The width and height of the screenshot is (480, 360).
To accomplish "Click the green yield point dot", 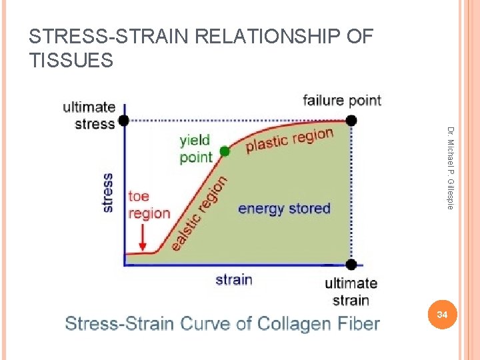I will click(225, 151).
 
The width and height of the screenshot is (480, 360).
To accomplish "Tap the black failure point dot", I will click(351, 121).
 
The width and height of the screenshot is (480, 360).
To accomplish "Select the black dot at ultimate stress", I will click(124, 121).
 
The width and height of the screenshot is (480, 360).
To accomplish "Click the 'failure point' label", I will click(342, 101).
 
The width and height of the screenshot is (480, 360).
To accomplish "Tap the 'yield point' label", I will click(195, 148).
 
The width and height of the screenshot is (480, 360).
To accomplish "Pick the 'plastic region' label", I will click(289, 140).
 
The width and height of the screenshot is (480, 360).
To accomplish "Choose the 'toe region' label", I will click(149, 204).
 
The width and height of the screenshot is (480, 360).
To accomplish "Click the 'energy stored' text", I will click(284, 209).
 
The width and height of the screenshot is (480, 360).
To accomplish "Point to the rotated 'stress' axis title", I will click(107, 193).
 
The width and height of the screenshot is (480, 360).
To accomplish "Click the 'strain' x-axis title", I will click(233, 279).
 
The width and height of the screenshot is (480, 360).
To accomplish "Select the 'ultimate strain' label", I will click(351, 291).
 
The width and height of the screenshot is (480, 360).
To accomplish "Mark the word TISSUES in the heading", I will click(71, 61).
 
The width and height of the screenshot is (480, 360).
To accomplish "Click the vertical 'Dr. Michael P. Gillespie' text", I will click(451, 167).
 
